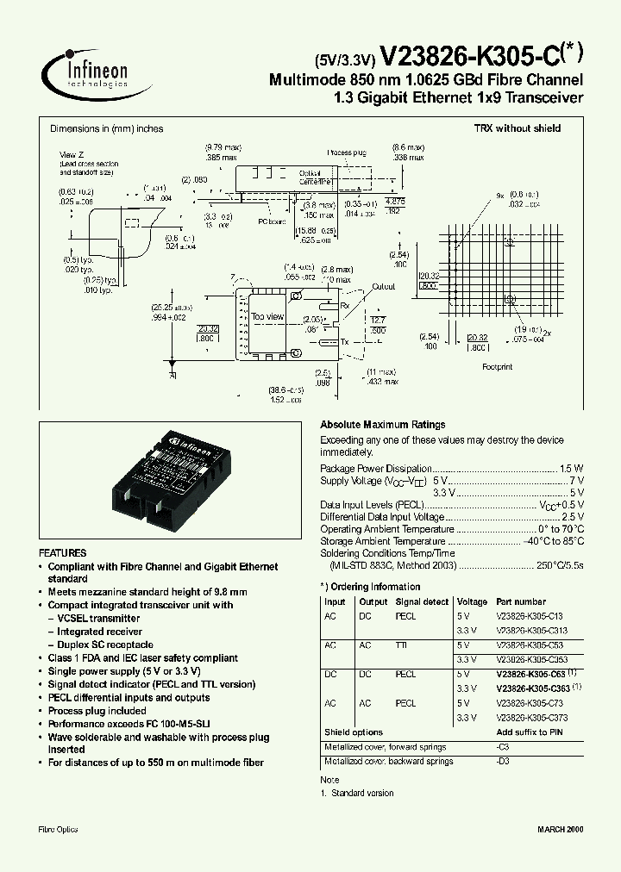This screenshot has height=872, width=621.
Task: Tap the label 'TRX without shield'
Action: [517, 128]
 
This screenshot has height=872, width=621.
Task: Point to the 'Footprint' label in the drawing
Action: [496, 366]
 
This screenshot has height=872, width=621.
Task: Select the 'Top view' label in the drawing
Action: [267, 317]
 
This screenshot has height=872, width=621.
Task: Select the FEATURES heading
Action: [63, 552]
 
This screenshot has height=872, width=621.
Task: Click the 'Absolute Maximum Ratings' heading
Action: [382, 425]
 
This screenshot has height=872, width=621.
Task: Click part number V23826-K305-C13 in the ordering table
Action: [530, 616]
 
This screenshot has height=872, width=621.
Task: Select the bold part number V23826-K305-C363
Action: [533, 688]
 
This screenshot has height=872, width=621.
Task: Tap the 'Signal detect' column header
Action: [422, 601]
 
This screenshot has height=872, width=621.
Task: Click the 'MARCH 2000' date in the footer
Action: [561, 829]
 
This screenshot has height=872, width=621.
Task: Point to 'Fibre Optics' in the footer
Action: [59, 829]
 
